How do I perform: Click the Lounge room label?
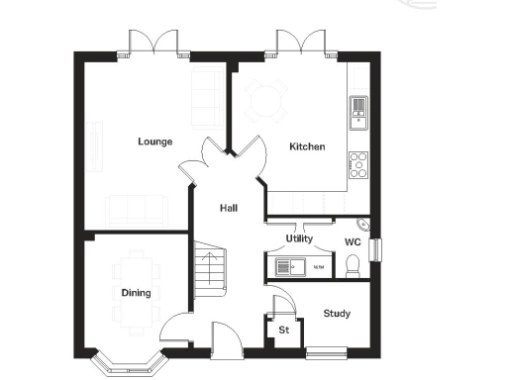point(154,142)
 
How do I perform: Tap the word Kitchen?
point(306,146)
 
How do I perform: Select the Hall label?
point(229,208)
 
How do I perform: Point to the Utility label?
point(299,238)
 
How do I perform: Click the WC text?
point(352,241)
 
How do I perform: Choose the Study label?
point(337,314)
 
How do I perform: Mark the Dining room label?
point(136,292)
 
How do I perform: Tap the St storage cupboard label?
point(283,329)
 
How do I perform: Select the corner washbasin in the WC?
point(362,224)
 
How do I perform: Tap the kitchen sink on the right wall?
point(357,112)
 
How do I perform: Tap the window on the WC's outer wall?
point(376,249)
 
